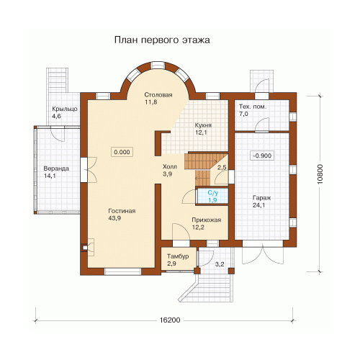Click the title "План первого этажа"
(x=162, y=40)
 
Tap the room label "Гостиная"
(x=122, y=211)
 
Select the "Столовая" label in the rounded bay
(x=158, y=95)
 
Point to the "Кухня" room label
(x=203, y=125)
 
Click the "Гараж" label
(x=262, y=198)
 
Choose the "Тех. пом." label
(x=253, y=107)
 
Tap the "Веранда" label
(x=56, y=168)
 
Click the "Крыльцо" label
(x=65, y=109)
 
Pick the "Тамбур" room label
(x=178, y=256)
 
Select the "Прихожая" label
(x=207, y=220)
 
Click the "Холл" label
(x=170, y=166)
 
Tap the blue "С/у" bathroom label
(x=213, y=193)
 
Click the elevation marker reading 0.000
(x=122, y=152)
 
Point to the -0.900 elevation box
(x=262, y=156)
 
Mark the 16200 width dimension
(x=170, y=320)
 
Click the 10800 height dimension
(x=320, y=174)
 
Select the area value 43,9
(x=114, y=218)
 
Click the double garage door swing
(x=263, y=255)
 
